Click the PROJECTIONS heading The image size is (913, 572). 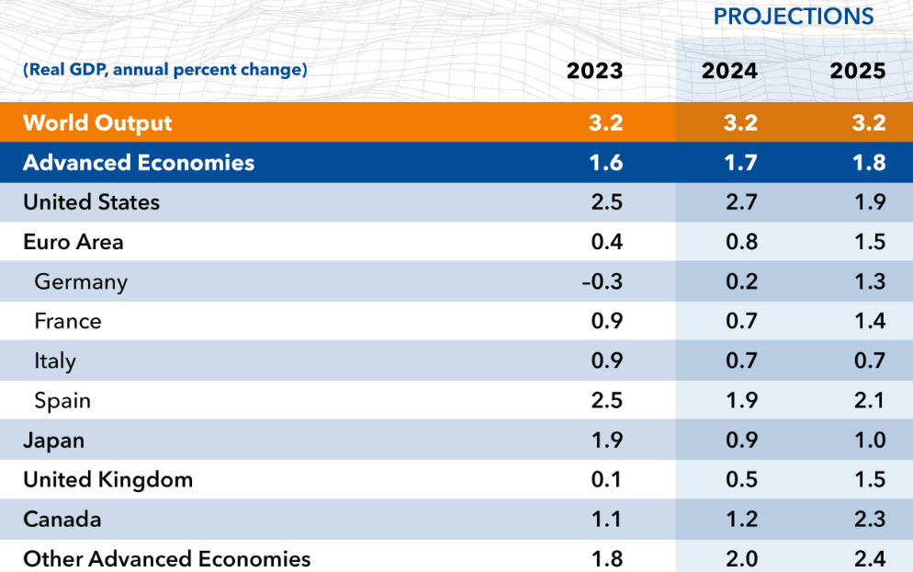tap(793, 17)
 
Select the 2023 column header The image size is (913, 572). tap(594, 71)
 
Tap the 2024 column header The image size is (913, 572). tap(729, 71)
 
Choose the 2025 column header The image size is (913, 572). tap(858, 71)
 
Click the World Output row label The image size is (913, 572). tap(97, 123)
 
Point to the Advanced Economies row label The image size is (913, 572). tap(139, 163)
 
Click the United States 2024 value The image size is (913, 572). tap(741, 202)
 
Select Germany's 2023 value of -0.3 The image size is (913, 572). tap(602, 281)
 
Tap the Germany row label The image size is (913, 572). tap(81, 282)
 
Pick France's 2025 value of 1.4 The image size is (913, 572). tap(870, 321)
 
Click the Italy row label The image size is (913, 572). tap(55, 361)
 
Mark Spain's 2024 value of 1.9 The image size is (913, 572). tap(741, 401)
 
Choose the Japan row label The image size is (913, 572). tap(53, 440)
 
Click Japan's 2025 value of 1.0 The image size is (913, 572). tap(870, 440)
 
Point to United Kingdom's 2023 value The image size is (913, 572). tap(607, 480)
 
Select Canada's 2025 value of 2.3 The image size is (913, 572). tap(870, 520)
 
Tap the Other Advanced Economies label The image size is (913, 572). tap(166, 559)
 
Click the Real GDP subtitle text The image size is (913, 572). tap(164, 70)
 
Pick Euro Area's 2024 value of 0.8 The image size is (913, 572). tap(741, 242)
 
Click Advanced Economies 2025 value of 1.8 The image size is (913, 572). tap(870, 163)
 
